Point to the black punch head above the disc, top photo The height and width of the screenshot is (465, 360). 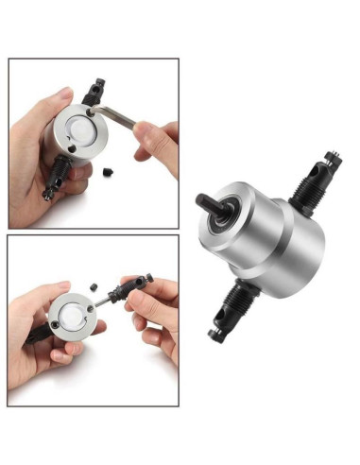point(95,92)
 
